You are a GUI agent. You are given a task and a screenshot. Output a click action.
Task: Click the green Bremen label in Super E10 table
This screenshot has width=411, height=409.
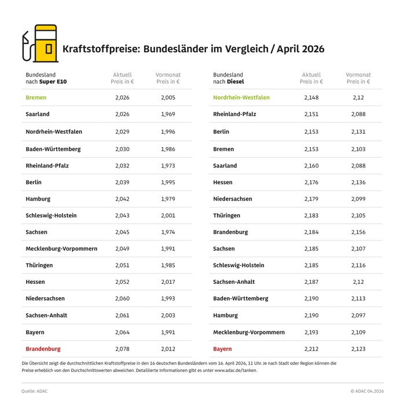[36, 97]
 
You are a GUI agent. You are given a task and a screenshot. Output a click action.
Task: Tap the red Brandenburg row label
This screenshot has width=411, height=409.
[43, 349]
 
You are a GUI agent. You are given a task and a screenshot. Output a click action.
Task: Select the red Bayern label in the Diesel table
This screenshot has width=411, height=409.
[222, 349]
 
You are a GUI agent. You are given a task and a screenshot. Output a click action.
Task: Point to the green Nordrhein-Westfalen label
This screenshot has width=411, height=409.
[241, 97]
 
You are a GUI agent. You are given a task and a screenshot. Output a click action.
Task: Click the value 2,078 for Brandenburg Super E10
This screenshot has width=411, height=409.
[122, 349]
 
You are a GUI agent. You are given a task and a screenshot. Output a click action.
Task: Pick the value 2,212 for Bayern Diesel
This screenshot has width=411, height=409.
[311, 349]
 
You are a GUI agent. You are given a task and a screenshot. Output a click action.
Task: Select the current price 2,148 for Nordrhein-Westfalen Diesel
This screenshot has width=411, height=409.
[311, 97]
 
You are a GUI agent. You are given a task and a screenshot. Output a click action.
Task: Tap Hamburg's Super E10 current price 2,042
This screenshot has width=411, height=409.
[122, 199]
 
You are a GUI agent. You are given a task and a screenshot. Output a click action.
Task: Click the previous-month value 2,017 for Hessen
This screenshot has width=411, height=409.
[168, 282]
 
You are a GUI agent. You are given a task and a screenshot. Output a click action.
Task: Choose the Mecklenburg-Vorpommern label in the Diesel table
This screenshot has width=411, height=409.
[249, 332]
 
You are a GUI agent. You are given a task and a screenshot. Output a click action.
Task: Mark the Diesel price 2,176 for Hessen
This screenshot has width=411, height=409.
[311, 182]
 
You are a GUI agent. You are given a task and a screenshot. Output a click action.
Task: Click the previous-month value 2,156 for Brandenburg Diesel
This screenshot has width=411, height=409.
[358, 232]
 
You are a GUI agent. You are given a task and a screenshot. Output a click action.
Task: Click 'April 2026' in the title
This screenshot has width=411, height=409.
[300, 49]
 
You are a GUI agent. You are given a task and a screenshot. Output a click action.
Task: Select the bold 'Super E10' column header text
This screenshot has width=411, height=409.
[53, 82]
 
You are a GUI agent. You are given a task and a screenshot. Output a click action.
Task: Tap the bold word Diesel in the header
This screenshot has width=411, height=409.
[235, 82]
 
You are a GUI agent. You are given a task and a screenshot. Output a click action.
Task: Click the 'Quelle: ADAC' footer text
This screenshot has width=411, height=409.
[35, 391]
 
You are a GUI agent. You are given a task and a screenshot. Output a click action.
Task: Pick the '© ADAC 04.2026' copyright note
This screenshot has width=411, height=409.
[366, 391]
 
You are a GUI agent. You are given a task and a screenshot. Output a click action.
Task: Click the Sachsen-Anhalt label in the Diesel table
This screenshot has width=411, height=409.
[234, 282]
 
